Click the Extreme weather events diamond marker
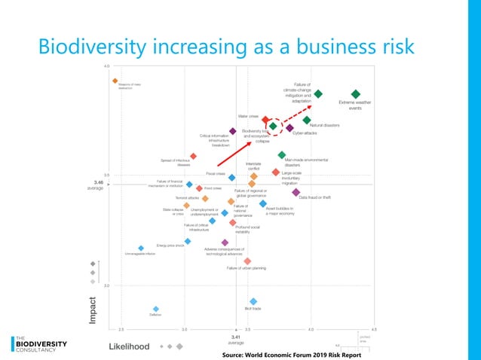[356, 94]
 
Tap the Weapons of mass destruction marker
[115, 81]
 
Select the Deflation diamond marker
[156, 309]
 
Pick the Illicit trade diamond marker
[253, 301]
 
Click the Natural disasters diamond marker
[307, 120]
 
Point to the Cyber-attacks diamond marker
[290, 128]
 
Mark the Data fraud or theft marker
[296, 192]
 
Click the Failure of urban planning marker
[247, 261]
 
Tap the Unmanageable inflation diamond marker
[141, 248]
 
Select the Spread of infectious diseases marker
[193, 157]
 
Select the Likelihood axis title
[130, 346]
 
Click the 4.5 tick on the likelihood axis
[374, 330]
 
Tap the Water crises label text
[249, 117]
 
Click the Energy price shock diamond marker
[188, 241]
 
